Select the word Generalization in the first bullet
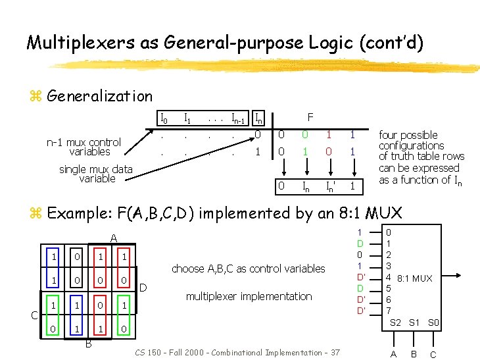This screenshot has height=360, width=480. coord(99,96)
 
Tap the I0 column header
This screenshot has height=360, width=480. coord(164,119)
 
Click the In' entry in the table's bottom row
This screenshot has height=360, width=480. coord(329,187)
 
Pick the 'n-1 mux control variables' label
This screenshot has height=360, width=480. coord(84,147)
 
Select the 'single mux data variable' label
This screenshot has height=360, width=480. coord(96,174)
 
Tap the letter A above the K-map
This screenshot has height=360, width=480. coord(113,238)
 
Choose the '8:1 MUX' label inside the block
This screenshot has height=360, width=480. coord(415,278)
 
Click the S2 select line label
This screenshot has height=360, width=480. coord(396,322)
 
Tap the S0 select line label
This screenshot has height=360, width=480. coord(434,322)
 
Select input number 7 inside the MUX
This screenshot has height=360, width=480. coord(388,310)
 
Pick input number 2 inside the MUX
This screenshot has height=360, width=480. coord(388,255)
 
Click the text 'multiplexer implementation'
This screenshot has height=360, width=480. coord(249,296)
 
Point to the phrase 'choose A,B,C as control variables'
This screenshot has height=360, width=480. coord(248,269)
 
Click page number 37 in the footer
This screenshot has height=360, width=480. coord(335,353)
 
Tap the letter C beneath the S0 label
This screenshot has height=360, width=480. coord(433,354)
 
